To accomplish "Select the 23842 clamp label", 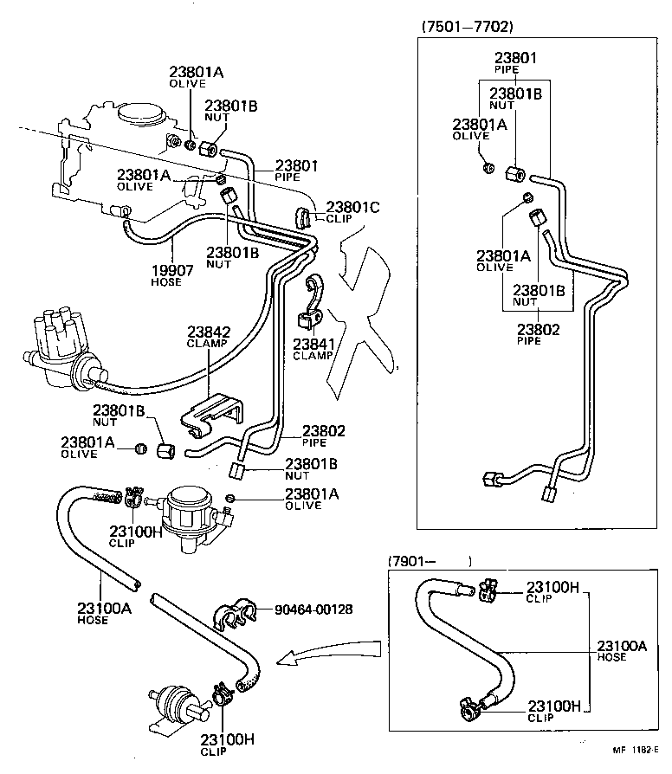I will pyautogui.click(x=205, y=332).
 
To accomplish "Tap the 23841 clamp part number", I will pyautogui.click(x=313, y=344).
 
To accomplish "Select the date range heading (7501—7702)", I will pyautogui.click(x=467, y=27).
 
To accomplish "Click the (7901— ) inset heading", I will pyautogui.click(x=429, y=560).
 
